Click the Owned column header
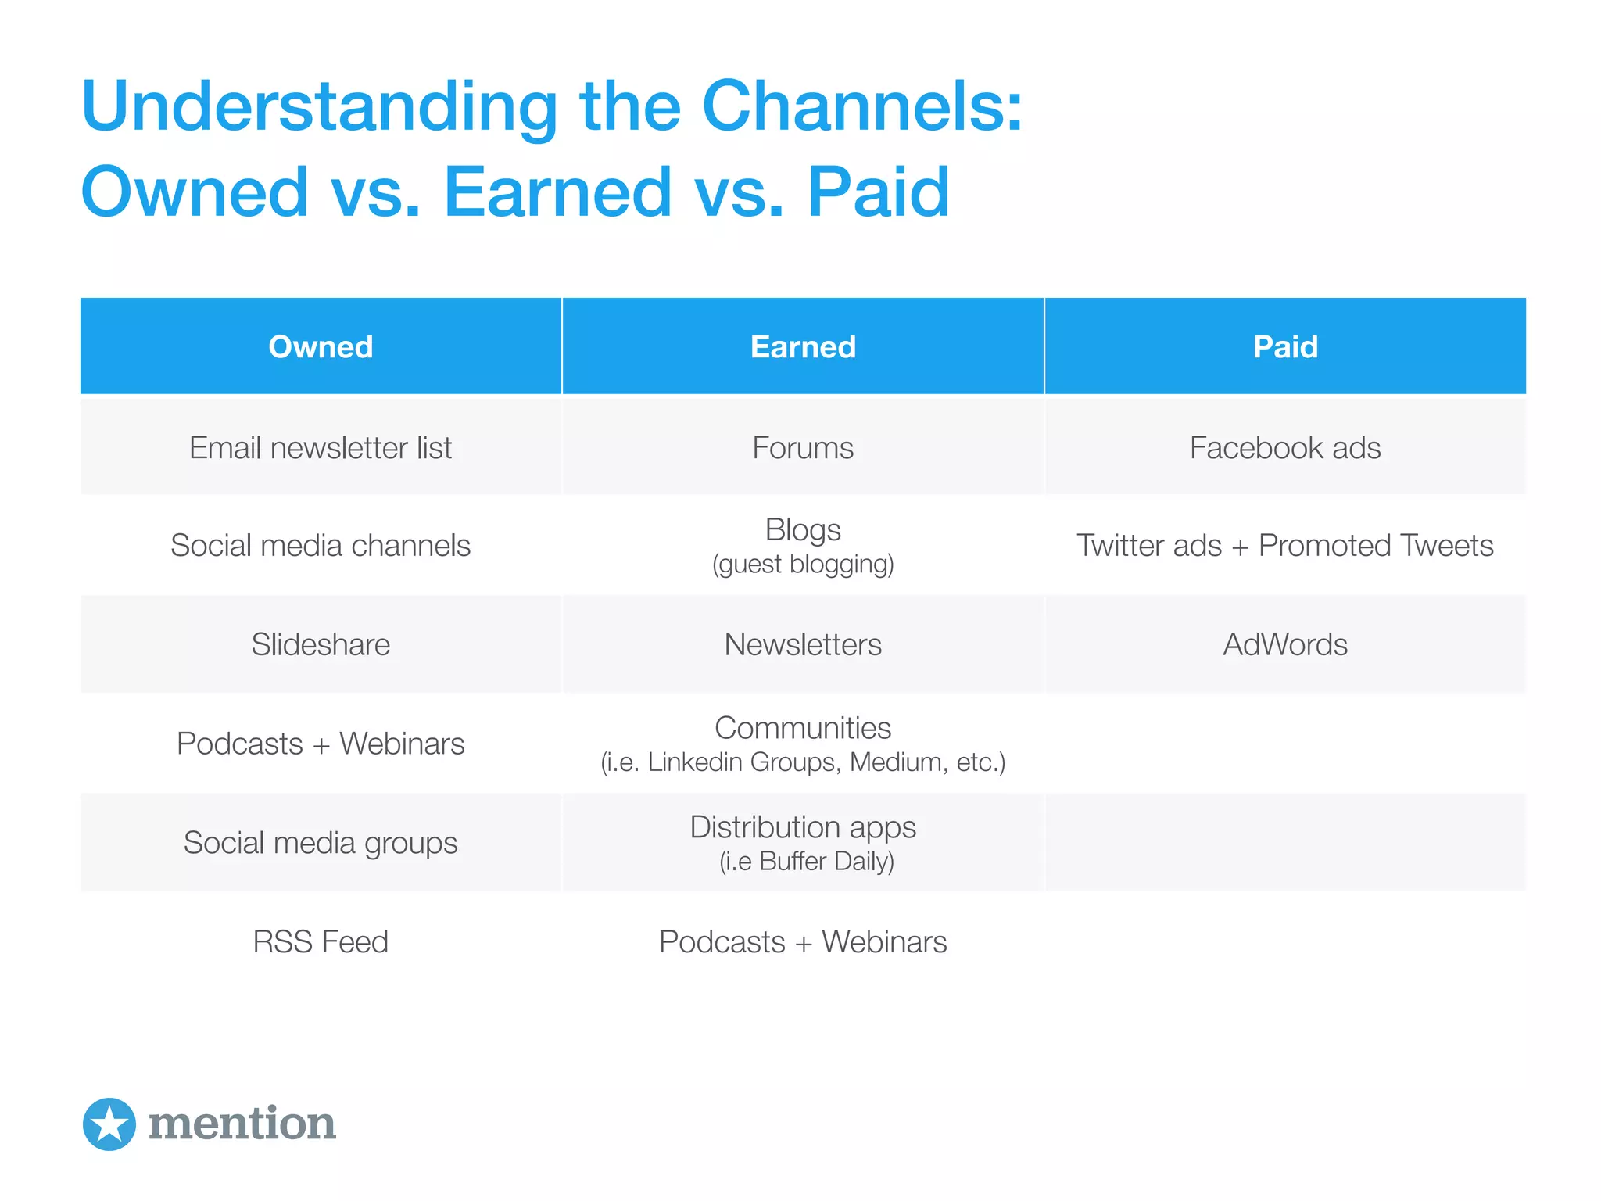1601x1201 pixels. click(x=321, y=346)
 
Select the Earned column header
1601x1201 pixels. click(x=803, y=346)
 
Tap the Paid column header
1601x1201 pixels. click(x=1285, y=346)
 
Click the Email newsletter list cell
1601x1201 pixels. click(x=321, y=448)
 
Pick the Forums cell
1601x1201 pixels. click(x=803, y=448)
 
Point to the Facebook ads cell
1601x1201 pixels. click(x=1285, y=448)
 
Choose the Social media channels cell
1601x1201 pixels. click(x=321, y=545)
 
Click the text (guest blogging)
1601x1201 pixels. click(x=803, y=564)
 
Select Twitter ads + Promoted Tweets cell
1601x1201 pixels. click(x=1285, y=545)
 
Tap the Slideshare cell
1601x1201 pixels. click(x=321, y=644)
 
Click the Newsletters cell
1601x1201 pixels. click(x=803, y=644)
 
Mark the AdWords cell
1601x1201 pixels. click(x=1285, y=644)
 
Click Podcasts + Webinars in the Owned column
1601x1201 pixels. click(x=321, y=744)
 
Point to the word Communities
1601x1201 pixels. click(x=803, y=728)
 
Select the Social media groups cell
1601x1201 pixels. click(x=321, y=843)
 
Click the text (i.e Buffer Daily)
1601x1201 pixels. click(x=806, y=861)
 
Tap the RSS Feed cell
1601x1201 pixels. click(x=321, y=941)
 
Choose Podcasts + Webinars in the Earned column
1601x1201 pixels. click(x=803, y=941)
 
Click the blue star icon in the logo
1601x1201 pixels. click(x=109, y=1124)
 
